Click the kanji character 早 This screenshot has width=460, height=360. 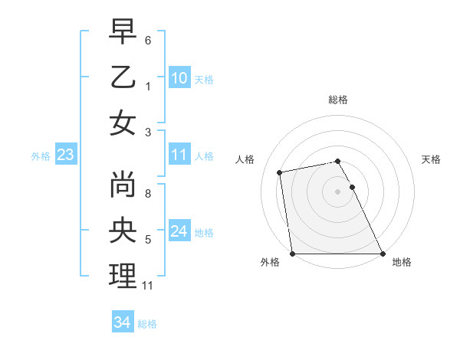point(123,32)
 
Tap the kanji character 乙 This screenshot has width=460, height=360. point(123,78)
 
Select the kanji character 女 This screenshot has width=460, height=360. point(123,123)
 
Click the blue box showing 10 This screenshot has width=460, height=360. point(179,78)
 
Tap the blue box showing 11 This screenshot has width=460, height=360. point(179,155)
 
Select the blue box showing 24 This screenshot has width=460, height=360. point(179,231)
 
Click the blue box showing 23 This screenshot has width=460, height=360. point(65,155)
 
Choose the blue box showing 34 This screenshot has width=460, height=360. point(122,322)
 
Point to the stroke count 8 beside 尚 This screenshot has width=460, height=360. point(148,194)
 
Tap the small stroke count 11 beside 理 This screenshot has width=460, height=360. point(149,286)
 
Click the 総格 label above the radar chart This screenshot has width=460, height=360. point(338,100)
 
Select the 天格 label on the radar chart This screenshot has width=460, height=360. point(432,159)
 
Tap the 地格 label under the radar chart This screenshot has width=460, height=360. point(402,262)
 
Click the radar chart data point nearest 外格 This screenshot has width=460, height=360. point(293,254)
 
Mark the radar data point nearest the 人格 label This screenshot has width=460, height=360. point(281,172)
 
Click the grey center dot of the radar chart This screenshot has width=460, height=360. point(338,191)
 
